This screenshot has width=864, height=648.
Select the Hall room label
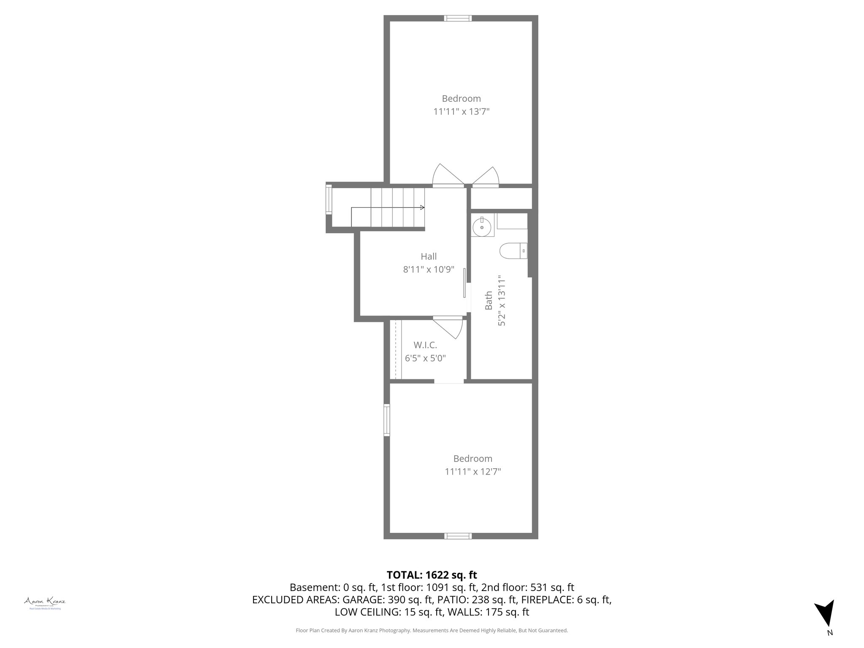click(x=429, y=256)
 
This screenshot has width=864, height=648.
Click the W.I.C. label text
click(x=425, y=345)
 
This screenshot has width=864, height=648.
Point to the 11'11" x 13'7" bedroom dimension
click(x=462, y=112)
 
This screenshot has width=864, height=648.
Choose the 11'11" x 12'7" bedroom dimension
click(x=473, y=472)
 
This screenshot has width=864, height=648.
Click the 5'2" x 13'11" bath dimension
click(x=502, y=301)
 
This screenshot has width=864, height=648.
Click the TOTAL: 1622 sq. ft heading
click(x=432, y=575)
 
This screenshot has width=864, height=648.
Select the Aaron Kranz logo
click(x=44, y=602)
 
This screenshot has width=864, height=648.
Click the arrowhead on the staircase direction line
click(x=422, y=208)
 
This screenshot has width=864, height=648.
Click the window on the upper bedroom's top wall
click(x=458, y=18)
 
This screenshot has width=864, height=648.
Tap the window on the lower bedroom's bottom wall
click(x=458, y=536)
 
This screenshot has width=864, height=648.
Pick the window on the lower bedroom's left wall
click(x=386, y=420)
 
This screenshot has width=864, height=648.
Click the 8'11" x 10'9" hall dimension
click(x=429, y=270)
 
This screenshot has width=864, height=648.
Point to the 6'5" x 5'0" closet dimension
click(x=425, y=359)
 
